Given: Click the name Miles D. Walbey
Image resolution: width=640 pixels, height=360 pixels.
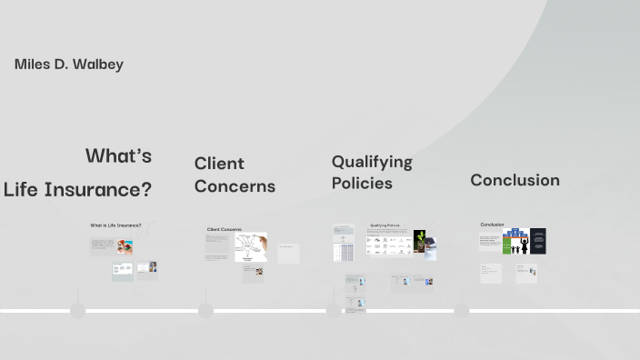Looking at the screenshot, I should point(69,65).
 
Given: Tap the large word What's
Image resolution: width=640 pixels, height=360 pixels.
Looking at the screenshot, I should point(118,155).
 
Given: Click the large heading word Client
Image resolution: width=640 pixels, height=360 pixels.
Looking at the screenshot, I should point(219,164).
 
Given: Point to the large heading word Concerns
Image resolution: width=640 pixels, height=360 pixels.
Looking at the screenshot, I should point(235,186).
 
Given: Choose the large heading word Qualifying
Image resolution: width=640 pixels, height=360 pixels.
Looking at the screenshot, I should point(371,162).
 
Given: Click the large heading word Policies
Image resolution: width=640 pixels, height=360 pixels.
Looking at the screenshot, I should point(362,183).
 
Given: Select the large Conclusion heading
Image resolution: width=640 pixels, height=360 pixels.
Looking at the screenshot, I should point(515,180).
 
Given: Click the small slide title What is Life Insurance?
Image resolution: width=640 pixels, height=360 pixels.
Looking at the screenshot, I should point(115,225).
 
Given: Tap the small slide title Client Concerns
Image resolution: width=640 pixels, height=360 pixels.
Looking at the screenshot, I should point(225,230).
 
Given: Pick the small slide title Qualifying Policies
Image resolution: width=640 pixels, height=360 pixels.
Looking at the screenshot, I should point(385,225).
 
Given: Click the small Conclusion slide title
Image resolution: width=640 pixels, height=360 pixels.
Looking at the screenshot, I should point(492,225).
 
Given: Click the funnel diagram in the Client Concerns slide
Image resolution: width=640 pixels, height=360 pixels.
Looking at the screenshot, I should point(251,245).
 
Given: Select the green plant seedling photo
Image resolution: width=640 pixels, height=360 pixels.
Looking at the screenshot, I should point(420,241).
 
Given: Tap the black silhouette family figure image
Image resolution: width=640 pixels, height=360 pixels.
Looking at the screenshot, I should point(516,241).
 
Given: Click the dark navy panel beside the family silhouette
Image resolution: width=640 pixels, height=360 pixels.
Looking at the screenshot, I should point(537,241).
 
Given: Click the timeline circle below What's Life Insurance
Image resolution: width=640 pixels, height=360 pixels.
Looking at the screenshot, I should point(78,311).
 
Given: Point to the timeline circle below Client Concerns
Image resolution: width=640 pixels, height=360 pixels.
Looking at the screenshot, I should point(205,311).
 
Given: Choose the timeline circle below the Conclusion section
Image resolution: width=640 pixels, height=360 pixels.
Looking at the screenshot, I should point(462,311).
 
